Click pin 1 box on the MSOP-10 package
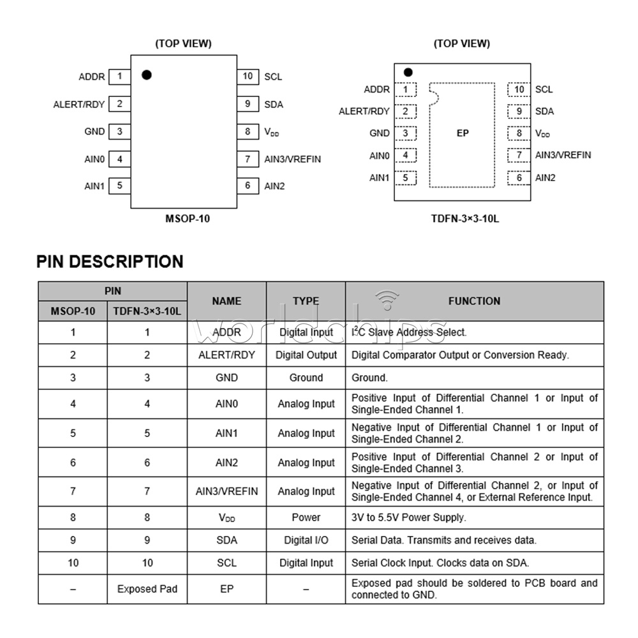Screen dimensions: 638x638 coord(119,77)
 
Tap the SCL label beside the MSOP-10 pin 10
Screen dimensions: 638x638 coord(273,77)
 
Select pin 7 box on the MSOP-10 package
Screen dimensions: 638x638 coord(248,159)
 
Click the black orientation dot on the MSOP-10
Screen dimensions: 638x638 coord(147,75)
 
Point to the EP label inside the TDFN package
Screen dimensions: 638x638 coord(463,133)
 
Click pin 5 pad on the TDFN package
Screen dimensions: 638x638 coord(405,178)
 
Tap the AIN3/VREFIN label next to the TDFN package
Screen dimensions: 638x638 coord(563,155)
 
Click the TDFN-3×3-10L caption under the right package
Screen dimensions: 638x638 coord(464,219)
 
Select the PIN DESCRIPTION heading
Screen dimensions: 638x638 coord(110,262)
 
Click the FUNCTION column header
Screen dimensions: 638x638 coord(474,301)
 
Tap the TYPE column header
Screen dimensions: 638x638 coord(306,301)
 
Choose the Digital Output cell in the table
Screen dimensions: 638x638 coord(306,355)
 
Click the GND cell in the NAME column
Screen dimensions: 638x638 coord(226,378)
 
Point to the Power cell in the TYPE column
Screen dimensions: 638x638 coord(306,517)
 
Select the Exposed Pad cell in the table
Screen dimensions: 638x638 coord(147,589)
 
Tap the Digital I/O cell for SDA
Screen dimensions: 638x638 coord(306,540)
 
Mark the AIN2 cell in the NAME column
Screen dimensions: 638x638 coord(226,463)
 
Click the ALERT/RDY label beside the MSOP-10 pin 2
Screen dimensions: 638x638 coord(79,104)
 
